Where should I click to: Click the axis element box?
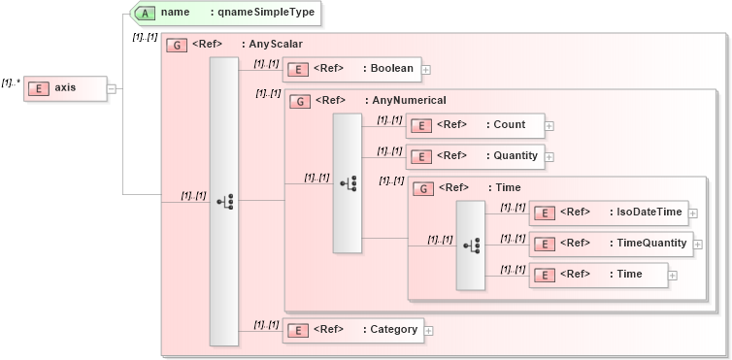[x=64, y=88]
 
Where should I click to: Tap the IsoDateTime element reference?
[x=608, y=213]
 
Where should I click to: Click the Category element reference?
[x=352, y=330]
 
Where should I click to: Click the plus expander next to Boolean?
[x=426, y=70]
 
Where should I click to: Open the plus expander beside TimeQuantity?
[x=697, y=245]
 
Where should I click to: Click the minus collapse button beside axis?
[x=112, y=88]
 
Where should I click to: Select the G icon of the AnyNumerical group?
[x=301, y=100]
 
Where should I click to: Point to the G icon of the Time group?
[x=423, y=188]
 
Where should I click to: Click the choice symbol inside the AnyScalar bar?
[x=224, y=201]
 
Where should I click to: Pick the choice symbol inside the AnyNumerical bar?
[x=348, y=182]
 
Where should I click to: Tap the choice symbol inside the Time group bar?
[x=472, y=245]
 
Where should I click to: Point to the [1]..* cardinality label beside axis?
[x=11, y=83]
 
